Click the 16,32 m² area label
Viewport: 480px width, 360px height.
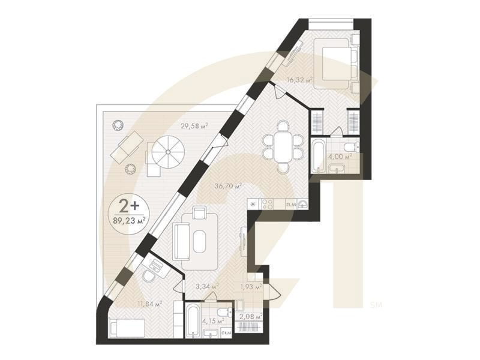(x=301, y=80)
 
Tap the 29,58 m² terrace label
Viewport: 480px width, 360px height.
(x=194, y=126)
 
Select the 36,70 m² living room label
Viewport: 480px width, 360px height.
(x=229, y=187)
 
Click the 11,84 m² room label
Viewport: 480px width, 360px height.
(x=149, y=304)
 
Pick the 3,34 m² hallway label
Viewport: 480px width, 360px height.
(x=207, y=287)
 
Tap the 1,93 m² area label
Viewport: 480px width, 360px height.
(x=251, y=287)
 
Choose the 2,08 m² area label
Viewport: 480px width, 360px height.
(x=251, y=316)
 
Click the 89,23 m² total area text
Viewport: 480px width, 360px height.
(x=130, y=220)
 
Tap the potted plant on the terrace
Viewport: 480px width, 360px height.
(x=118, y=125)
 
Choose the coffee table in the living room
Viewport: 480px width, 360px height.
(x=200, y=239)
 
